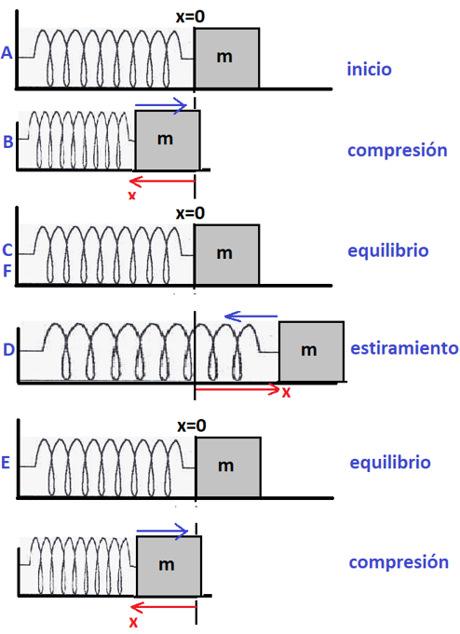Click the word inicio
pos(369,69)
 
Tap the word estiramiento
pos(404,348)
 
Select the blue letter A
pos(7,53)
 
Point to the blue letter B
pos(8,142)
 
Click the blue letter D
pos(8,349)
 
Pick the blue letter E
pos(6,463)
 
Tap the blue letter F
pos(7,271)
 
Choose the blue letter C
pos(7,250)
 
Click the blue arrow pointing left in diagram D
pos(250,317)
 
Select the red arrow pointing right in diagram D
pos(237,389)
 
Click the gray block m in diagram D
pos(311,351)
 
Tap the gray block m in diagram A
pos(226,59)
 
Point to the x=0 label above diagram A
pos(190,17)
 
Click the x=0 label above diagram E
pos(192,425)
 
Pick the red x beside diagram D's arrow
pos(286,392)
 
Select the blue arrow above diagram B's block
pos(160,105)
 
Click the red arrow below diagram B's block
pos(162,182)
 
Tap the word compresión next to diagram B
pos(398,151)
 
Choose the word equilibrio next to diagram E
pos(390,462)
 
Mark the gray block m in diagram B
pos(168,141)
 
